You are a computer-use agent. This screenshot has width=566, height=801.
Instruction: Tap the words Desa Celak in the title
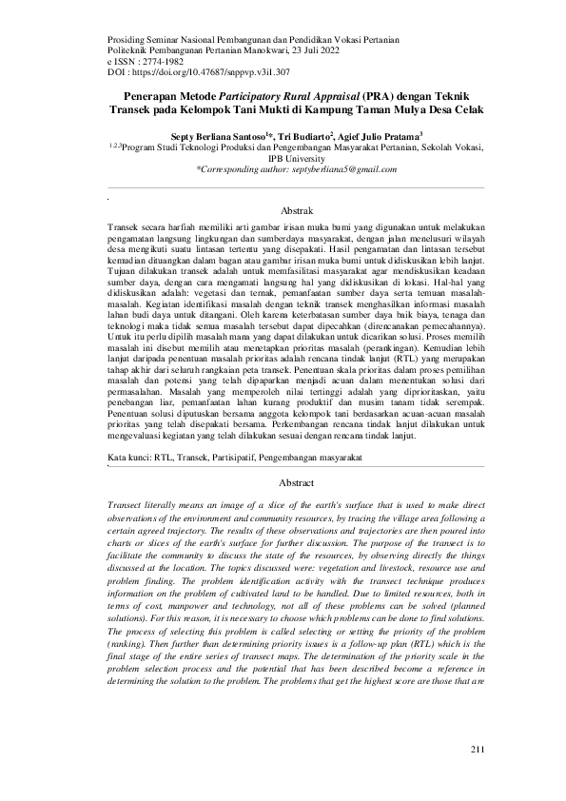(x=455, y=109)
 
